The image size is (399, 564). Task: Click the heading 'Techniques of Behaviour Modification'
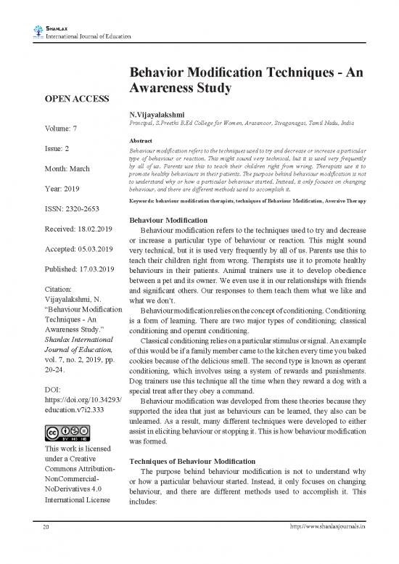(x=192, y=462)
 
